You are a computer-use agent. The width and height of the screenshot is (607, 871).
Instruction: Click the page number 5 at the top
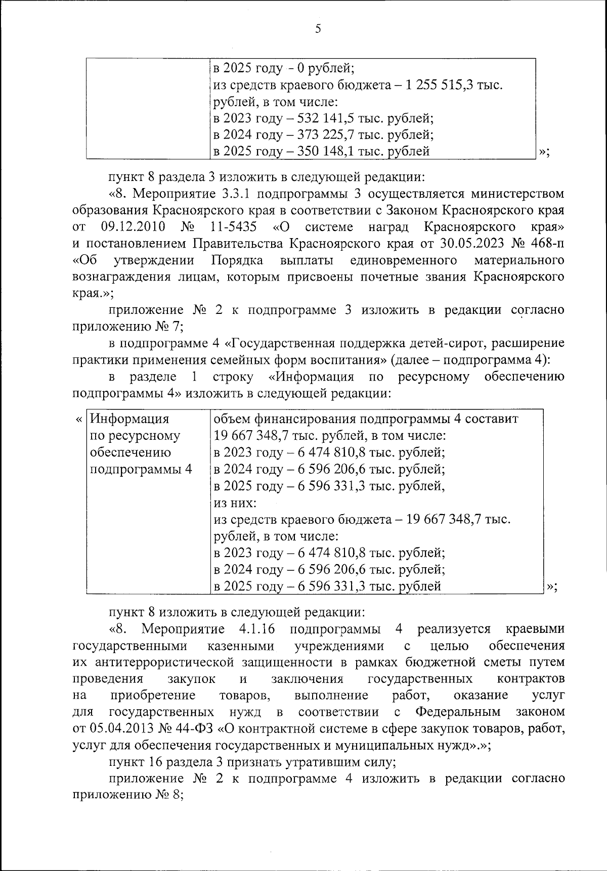318,29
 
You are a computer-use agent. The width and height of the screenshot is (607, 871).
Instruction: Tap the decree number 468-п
547,243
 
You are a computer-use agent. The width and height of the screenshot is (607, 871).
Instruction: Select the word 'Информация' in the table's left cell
129,419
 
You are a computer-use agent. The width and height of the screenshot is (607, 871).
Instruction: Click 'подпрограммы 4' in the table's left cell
141,469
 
